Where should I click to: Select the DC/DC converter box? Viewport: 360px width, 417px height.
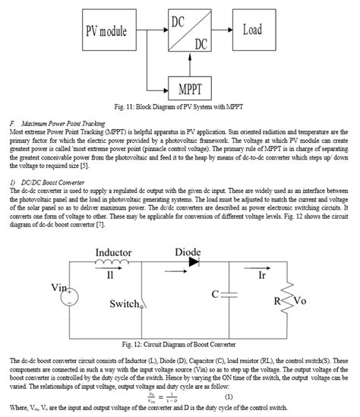tap(188, 31)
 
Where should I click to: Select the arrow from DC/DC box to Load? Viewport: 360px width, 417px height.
tap(221, 31)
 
